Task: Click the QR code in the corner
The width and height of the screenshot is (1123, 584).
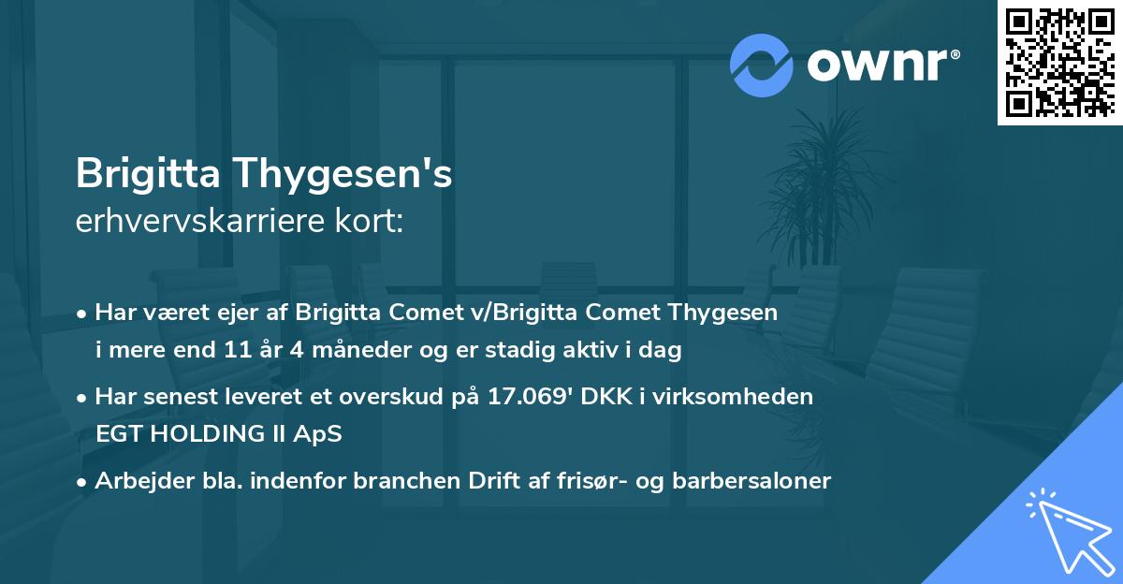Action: point(1059,63)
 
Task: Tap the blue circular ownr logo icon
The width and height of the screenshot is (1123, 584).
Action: point(762,65)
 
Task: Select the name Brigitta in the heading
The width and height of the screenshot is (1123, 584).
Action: point(147,174)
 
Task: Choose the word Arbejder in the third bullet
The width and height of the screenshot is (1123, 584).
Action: point(137,481)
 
